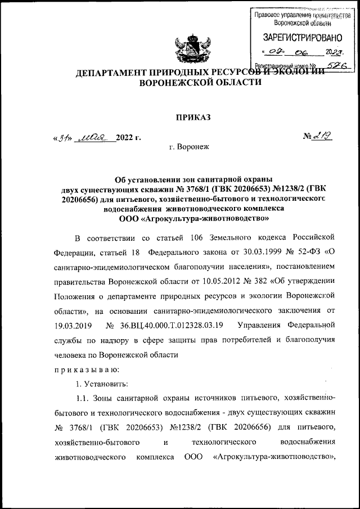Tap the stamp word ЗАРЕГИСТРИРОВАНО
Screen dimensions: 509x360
tap(303, 38)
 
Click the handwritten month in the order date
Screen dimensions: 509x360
tap(93, 137)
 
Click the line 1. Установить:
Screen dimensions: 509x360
tap(102, 385)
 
